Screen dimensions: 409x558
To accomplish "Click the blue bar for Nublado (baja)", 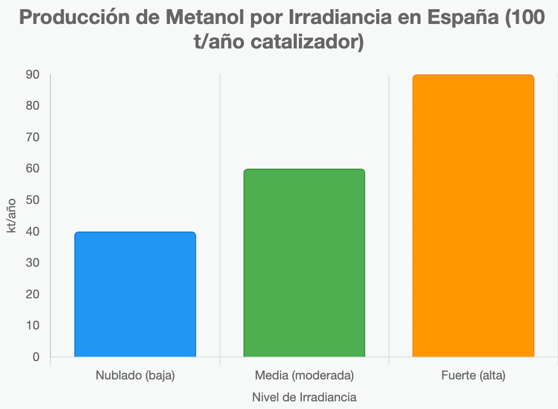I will (x=135, y=294).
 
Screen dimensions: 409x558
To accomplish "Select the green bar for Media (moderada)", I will (x=304, y=263).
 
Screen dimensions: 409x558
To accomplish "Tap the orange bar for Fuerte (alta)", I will (x=473, y=216).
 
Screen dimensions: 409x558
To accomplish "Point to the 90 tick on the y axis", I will (x=33, y=74).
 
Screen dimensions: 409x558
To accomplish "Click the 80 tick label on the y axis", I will (x=33, y=106).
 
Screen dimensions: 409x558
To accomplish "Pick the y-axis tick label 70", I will (x=33, y=137).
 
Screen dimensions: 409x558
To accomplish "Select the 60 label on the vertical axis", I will (x=33, y=169).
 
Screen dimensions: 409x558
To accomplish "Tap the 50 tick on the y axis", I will (x=33, y=200).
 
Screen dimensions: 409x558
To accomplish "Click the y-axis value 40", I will (x=33, y=232).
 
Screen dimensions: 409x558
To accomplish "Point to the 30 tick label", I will (x=33, y=263).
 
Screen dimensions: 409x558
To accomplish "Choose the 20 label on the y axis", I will (x=33, y=294).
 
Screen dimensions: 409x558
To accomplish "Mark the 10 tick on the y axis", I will (x=33, y=326).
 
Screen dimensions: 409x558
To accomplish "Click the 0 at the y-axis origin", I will (x=36, y=357).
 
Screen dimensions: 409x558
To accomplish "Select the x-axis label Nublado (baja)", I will (x=135, y=376).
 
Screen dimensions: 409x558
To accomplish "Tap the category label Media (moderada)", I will (x=304, y=376).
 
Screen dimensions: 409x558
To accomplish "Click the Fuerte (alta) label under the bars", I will (x=473, y=376).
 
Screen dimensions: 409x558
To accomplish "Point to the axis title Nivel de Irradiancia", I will (x=304, y=397).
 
